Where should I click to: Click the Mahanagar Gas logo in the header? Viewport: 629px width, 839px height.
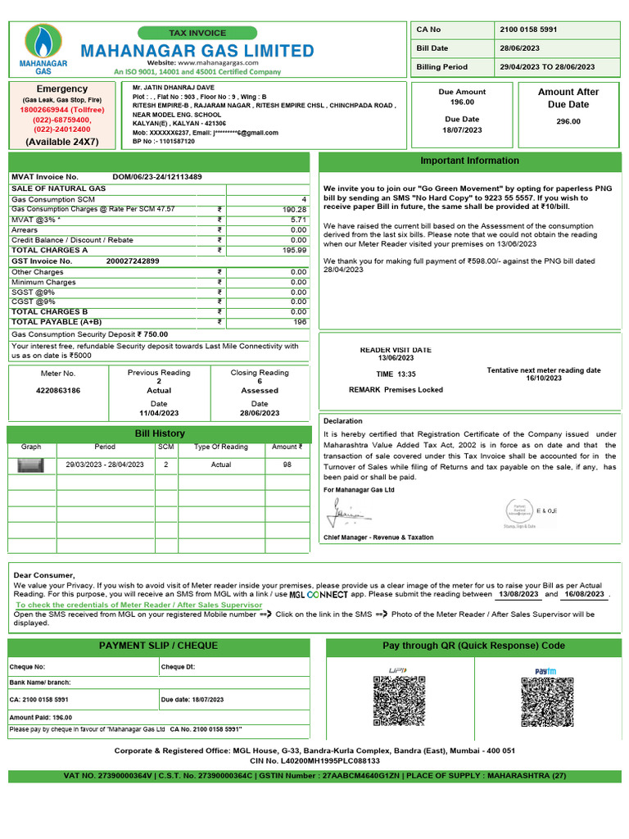click(x=42, y=48)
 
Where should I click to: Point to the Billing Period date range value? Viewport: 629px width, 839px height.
click(x=547, y=67)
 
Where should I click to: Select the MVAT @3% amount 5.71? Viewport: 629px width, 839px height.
click(x=298, y=220)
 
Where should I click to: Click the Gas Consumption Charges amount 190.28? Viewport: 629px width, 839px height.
click(x=294, y=210)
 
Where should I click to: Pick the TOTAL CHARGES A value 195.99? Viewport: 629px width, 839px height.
click(x=294, y=250)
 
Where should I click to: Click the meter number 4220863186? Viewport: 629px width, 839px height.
click(x=58, y=391)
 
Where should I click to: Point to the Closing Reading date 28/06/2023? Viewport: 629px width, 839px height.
click(x=260, y=413)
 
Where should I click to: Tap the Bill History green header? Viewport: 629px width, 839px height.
click(x=160, y=433)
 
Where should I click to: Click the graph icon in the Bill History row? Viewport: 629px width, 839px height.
click(x=31, y=465)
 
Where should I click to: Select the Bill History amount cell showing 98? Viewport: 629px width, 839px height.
click(x=287, y=465)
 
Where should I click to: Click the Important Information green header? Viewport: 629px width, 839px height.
click(x=469, y=161)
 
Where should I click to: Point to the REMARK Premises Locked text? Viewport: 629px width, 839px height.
click(x=396, y=390)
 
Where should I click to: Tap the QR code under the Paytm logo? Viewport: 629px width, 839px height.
click(x=547, y=701)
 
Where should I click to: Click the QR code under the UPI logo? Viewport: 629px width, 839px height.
click(x=399, y=701)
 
